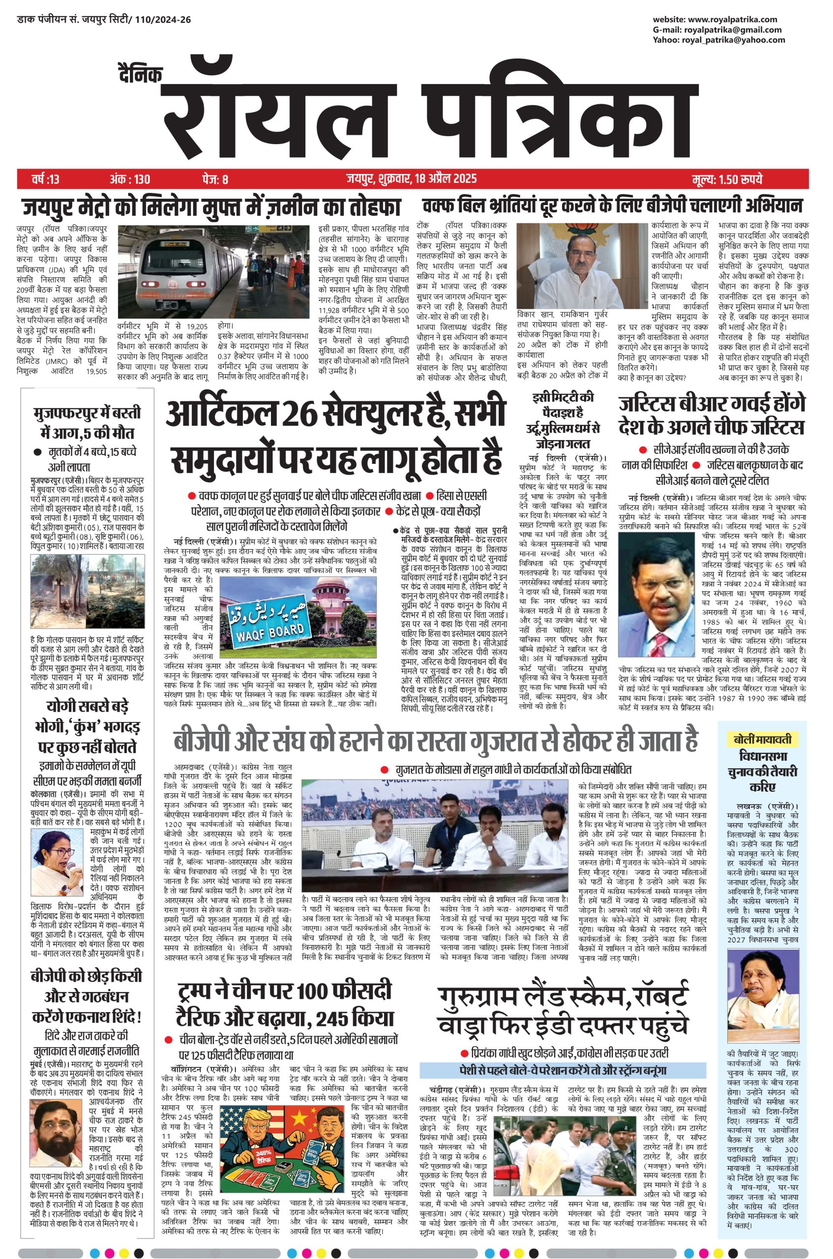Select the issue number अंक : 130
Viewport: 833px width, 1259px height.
point(130,179)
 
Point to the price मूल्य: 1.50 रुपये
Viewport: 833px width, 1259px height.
point(727,179)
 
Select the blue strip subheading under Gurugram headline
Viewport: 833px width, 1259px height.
point(562,1069)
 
